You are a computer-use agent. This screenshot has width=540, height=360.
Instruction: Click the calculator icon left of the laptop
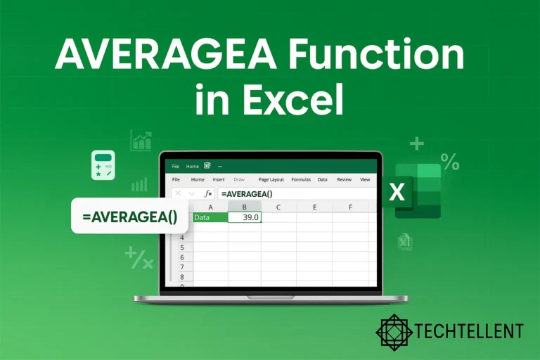103,164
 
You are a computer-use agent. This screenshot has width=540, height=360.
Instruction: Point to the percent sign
450,162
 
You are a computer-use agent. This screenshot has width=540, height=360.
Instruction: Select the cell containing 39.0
245,217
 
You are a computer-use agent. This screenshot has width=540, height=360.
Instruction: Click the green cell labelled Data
210,217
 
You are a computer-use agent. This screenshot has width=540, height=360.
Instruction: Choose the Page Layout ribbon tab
271,180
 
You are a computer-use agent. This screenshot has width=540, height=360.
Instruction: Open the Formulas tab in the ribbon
301,180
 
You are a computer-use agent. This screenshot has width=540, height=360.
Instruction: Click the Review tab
344,180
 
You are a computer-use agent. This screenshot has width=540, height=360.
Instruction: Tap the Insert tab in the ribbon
218,180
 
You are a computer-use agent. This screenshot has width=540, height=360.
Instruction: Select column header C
278,207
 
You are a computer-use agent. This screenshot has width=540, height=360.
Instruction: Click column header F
349,207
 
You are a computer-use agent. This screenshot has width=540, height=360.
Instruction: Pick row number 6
182,257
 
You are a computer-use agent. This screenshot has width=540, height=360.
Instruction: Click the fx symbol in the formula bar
208,193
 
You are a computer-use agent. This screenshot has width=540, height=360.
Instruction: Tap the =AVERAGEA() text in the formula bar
246,193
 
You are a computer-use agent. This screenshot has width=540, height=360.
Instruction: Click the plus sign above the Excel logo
417,144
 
